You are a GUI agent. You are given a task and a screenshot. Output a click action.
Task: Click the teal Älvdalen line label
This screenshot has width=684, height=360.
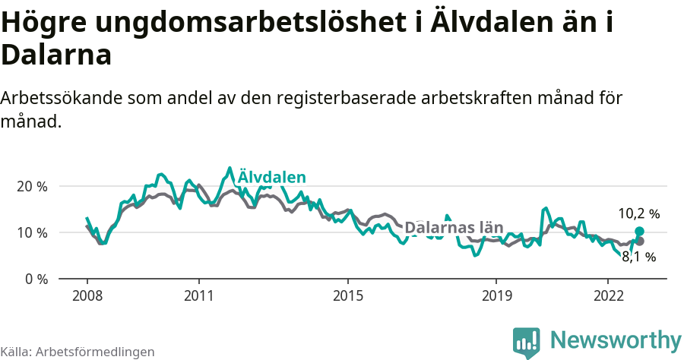tap(271, 177)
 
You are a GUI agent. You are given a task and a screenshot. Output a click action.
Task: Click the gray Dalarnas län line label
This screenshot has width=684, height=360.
tap(454, 227)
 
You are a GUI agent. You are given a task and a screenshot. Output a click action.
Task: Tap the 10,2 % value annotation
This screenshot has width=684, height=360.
tap(638, 213)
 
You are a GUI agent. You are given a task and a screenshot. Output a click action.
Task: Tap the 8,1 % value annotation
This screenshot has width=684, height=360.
tap(638, 257)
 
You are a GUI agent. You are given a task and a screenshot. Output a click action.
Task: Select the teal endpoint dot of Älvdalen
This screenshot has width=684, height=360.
tap(639, 231)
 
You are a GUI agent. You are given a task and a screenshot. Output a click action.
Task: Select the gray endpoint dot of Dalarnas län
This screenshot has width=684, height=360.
tap(639, 242)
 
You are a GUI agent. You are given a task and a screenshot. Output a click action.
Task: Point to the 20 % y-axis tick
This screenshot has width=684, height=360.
tap(32, 186)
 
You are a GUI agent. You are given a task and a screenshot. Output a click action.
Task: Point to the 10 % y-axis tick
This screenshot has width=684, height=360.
tap(32, 232)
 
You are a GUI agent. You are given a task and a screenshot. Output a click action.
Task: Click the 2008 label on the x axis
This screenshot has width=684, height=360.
tap(87, 295)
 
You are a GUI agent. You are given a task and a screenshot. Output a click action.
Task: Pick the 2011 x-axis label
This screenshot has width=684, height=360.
tap(198, 295)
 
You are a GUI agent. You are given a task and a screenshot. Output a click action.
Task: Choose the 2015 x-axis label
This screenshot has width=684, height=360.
tap(347, 295)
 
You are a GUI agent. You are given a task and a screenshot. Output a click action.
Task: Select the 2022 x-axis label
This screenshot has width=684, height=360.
tap(608, 295)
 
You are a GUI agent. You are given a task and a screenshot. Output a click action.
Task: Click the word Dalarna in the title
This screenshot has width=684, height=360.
tap(56, 55)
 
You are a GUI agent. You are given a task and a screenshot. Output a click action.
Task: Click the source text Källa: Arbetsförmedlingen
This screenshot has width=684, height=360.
tap(78, 352)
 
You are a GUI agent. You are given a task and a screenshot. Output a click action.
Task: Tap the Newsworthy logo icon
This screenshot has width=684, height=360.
tap(527, 342)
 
